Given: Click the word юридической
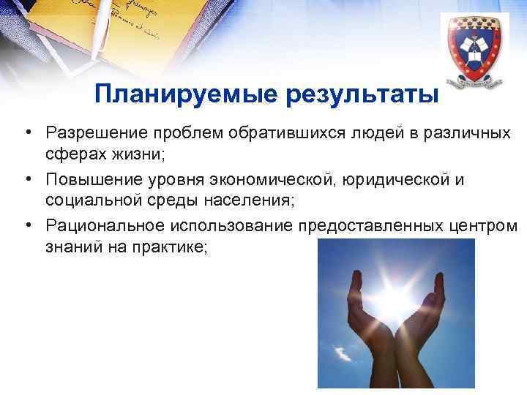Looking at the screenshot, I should coord(393,179).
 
